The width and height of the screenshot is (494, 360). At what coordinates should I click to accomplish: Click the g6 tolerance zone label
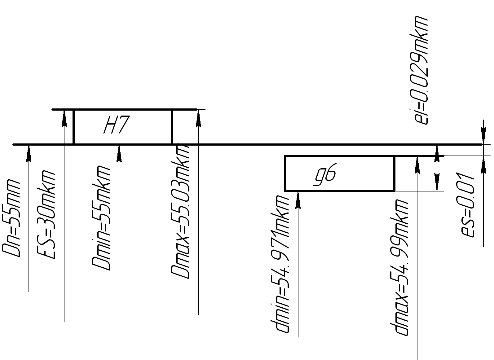325,176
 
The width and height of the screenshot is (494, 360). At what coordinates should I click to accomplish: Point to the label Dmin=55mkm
101,218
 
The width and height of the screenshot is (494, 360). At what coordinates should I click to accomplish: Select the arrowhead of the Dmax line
198,118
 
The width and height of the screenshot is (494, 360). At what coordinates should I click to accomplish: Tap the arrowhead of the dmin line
298,200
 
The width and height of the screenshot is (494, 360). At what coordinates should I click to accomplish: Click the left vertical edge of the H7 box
73,127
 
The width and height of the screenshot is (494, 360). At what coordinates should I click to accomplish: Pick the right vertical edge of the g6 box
394,173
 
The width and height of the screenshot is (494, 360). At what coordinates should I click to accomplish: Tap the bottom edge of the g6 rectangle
339,191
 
